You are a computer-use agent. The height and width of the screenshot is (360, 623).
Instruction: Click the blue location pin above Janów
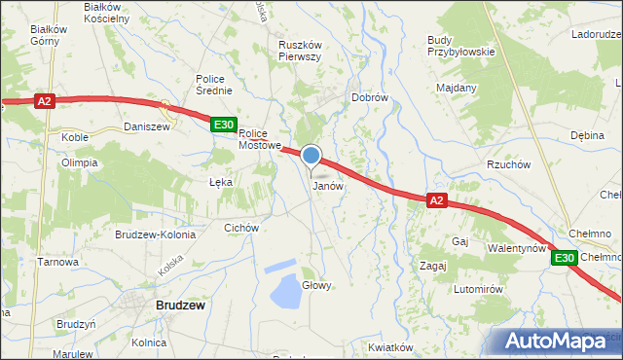click(x=311, y=156)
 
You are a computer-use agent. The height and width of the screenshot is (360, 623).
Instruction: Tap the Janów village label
click(x=327, y=186)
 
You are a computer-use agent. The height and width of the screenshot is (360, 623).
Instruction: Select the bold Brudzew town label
click(x=180, y=305)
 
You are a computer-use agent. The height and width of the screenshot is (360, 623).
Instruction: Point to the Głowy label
click(x=317, y=285)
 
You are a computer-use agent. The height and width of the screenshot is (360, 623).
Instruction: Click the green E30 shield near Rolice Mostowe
click(x=224, y=124)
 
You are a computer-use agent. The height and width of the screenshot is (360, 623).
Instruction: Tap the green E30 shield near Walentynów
click(x=565, y=258)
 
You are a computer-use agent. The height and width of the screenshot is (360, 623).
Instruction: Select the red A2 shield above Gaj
click(x=436, y=200)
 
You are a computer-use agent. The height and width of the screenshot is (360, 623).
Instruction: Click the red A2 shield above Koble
click(x=44, y=100)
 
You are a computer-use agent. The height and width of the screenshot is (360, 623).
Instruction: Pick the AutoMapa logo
click(x=561, y=342)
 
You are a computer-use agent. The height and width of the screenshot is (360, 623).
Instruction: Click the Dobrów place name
click(x=370, y=98)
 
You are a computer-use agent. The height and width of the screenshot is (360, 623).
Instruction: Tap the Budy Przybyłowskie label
click(x=460, y=46)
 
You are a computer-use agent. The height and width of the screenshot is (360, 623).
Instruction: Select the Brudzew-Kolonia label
click(x=156, y=234)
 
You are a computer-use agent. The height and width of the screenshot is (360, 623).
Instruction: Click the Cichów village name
click(x=240, y=228)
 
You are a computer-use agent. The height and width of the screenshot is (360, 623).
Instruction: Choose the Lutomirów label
click(x=477, y=289)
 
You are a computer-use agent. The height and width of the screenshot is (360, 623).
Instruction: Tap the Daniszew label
click(x=147, y=126)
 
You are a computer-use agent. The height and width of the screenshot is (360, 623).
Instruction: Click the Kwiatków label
click(x=393, y=347)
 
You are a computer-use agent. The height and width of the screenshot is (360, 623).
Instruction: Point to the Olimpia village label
click(x=80, y=162)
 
